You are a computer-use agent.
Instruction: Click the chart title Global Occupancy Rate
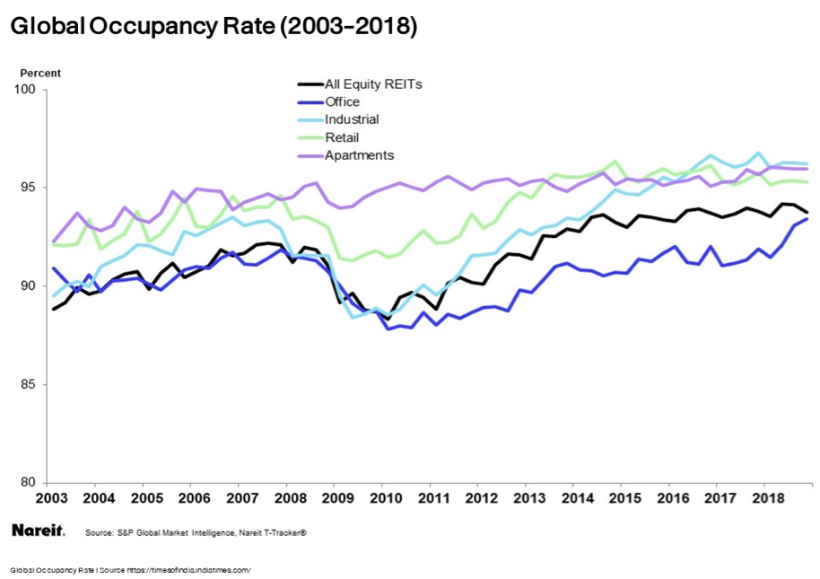[x=214, y=27]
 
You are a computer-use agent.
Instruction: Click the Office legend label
[x=343, y=101]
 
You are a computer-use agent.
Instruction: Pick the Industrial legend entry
[x=352, y=119]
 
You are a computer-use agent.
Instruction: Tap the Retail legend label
[x=342, y=137]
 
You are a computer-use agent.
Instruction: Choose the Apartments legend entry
[x=359, y=155]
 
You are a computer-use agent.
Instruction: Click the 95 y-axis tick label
[x=27, y=188]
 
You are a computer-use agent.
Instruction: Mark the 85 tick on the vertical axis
[x=27, y=384]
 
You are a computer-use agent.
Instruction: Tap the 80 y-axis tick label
[x=27, y=482]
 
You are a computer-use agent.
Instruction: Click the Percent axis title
[x=40, y=73]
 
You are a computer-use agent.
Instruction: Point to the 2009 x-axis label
[x=337, y=497]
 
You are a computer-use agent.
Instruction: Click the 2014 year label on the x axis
[x=577, y=497]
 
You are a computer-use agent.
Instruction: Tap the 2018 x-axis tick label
[x=768, y=497]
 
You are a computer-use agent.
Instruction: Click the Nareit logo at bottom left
[x=38, y=531]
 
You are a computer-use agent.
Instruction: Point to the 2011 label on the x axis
[x=433, y=497]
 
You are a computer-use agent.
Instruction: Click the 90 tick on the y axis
[x=27, y=285]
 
